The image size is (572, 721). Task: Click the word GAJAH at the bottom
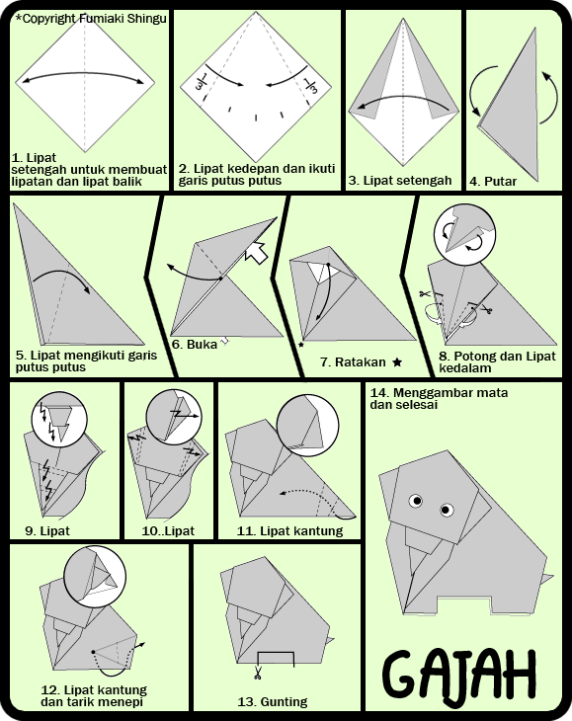tap(459, 675)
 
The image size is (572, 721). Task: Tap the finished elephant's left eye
tap(416, 501)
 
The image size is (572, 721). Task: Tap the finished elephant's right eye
tap(447, 510)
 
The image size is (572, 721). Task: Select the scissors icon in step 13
tap(257, 674)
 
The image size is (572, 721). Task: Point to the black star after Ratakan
tap(397, 362)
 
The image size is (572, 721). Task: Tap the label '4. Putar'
tap(493, 182)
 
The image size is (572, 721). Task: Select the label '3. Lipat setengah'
tap(400, 180)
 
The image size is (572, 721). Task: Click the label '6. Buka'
tap(194, 345)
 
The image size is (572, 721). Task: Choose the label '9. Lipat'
tap(47, 531)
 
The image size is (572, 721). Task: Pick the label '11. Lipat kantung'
tap(289, 531)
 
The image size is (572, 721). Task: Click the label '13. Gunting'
tap(273, 702)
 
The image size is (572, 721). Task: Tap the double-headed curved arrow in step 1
tap(84, 73)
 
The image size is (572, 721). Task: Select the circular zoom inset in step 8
tap(464, 235)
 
